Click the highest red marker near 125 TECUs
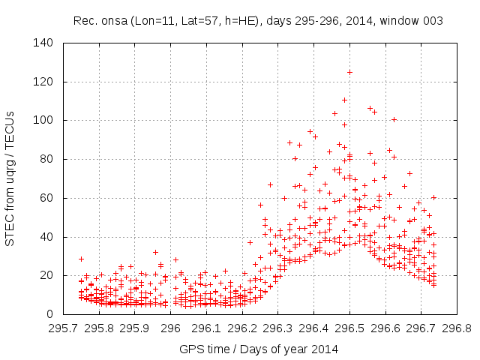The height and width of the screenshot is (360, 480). tap(349, 72)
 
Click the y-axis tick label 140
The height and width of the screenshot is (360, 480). tap(43, 43)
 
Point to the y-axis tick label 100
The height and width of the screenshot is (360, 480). tap(43, 120)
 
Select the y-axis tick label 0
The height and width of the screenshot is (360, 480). tap(49, 314)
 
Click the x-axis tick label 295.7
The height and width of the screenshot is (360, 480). tap(63, 328)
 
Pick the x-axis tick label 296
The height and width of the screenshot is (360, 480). tap(171, 328)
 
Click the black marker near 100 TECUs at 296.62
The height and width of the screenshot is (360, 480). tap(393, 119)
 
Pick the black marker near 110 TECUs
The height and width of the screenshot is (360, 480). tap(344, 100)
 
